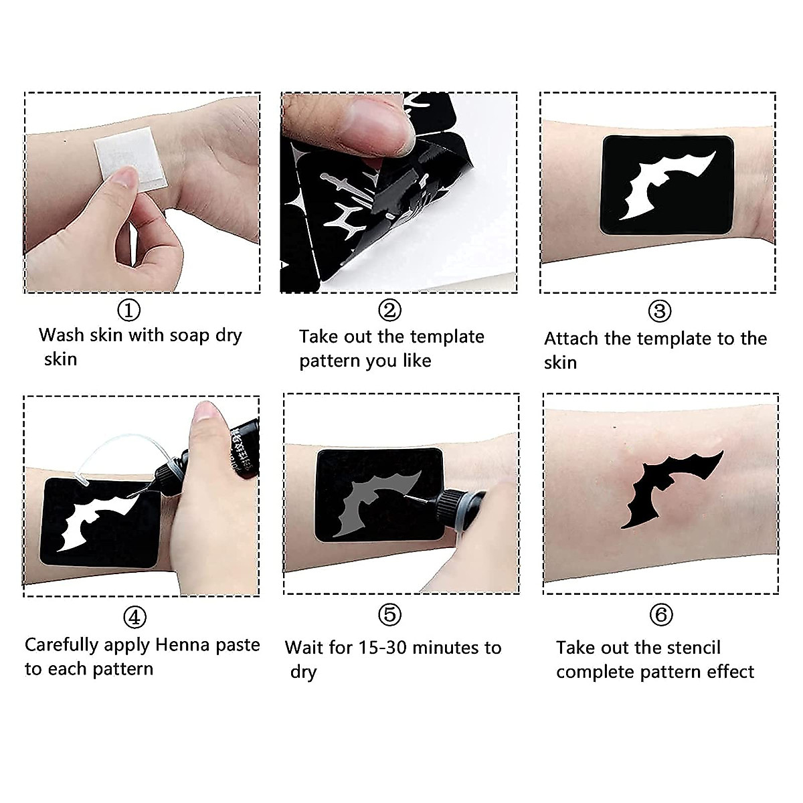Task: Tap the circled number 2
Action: pyautogui.click(x=389, y=310)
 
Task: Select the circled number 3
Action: pyautogui.click(x=659, y=310)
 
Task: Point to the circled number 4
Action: pyautogui.click(x=135, y=618)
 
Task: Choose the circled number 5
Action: pyautogui.click(x=389, y=614)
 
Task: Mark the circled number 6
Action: pyautogui.click(x=661, y=614)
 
